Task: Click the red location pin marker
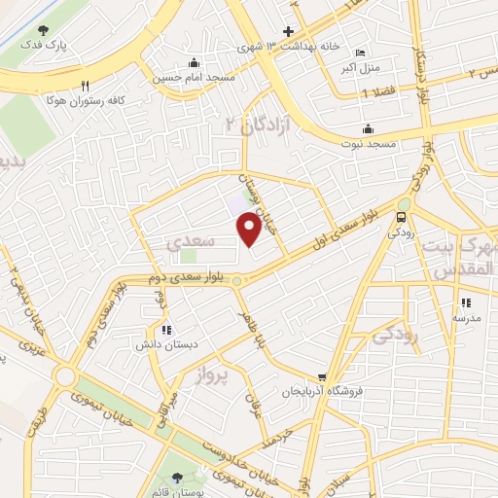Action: (x=250, y=228)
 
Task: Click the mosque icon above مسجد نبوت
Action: (x=368, y=128)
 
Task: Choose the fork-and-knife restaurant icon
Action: (x=86, y=85)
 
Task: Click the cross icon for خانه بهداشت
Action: (x=288, y=30)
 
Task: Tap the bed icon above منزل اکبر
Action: (x=362, y=53)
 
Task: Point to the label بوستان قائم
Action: (x=176, y=492)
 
